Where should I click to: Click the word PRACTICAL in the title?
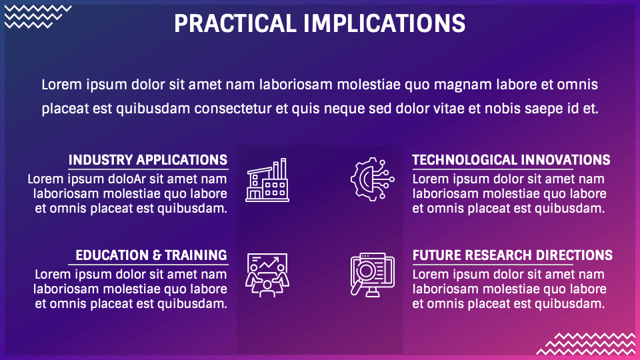[235, 24]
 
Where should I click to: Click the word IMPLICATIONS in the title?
[385, 24]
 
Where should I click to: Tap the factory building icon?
[267, 180]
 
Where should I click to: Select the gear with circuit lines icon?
[372, 179]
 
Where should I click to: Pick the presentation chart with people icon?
[267, 275]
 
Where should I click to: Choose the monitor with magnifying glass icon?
[372, 275]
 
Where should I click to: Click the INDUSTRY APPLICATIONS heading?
[148, 160]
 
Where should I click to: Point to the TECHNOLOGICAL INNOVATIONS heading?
[511, 160]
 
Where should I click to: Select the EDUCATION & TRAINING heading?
[151, 255]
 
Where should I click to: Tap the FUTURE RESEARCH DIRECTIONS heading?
[512, 255]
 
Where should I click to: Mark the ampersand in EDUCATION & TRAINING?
[157, 255]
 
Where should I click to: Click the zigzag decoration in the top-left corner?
[38, 17]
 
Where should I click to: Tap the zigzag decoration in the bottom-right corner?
[586, 344]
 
